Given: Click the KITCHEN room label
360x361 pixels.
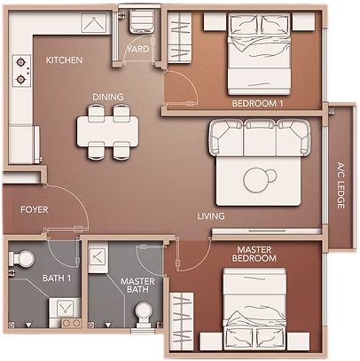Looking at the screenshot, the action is [x=64, y=60].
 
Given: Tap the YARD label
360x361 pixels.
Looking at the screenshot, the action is [x=138, y=49].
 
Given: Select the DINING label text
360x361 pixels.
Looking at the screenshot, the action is [x=108, y=97].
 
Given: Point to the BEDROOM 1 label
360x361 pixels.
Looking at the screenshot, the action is [x=257, y=104].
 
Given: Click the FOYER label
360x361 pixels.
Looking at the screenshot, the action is [x=35, y=210].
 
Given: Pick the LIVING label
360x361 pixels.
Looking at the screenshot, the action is [x=211, y=216].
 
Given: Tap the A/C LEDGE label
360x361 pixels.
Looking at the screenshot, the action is [x=340, y=185].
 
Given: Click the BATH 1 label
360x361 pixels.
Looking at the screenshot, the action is [x=57, y=279].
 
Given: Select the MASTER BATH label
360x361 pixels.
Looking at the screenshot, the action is [x=137, y=286].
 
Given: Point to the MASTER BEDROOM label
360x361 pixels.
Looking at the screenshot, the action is [x=254, y=254].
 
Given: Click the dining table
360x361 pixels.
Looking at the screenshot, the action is [x=107, y=131].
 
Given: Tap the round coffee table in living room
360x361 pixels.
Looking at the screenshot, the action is [x=256, y=180].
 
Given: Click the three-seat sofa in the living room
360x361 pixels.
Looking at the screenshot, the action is [x=260, y=137].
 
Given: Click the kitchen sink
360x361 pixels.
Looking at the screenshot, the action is [x=94, y=23].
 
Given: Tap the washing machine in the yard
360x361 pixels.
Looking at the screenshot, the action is [x=141, y=21].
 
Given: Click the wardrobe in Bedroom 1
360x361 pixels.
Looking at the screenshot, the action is [x=180, y=38].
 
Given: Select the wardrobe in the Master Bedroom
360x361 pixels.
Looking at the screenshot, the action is [x=182, y=322].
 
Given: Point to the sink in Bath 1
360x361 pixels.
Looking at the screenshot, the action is [x=65, y=308].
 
